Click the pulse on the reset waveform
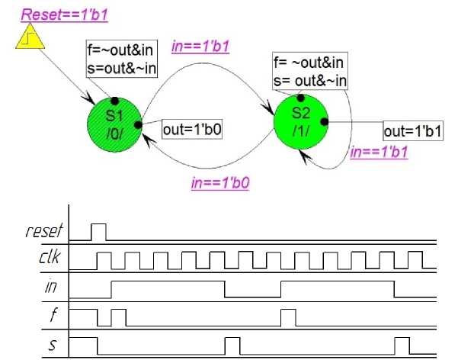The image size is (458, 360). (x=99, y=231)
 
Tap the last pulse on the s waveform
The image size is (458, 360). (x=402, y=346)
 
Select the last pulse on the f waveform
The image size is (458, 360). (x=288, y=317)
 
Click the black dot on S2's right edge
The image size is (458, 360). (x=324, y=121)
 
